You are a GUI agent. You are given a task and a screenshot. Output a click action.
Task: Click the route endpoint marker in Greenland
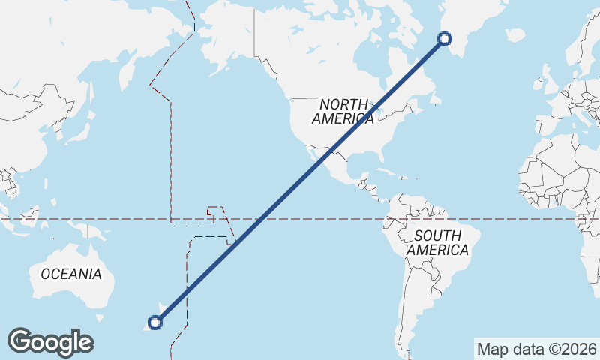coord(445,39)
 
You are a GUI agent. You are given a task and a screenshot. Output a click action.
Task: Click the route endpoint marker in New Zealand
coord(155,322)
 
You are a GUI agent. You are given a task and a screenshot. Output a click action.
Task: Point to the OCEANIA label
coord(71,274)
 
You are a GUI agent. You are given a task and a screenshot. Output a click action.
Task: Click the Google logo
coord(50,342)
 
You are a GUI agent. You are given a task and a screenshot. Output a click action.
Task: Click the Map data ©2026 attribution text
coord(536,349)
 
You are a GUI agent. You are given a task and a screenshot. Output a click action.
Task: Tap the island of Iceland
coord(514,34)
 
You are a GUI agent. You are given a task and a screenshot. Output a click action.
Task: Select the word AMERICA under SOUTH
coord(438,250)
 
